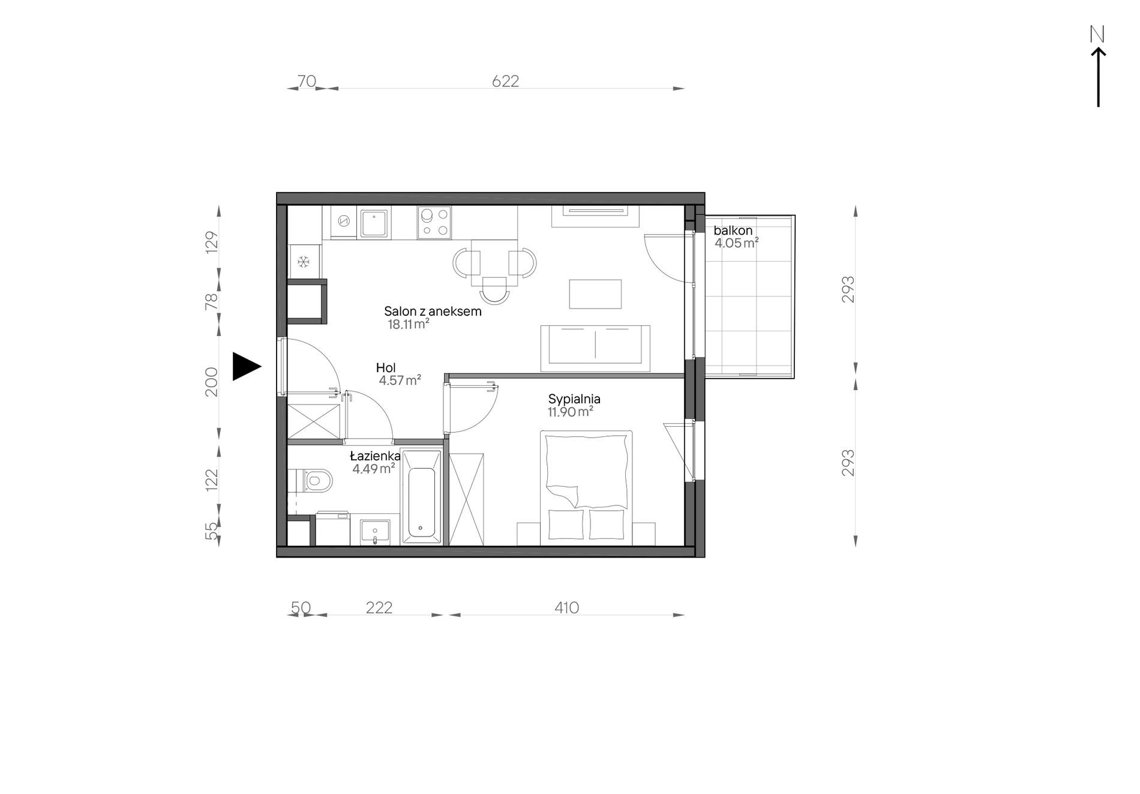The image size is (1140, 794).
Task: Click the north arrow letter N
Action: (1097, 35)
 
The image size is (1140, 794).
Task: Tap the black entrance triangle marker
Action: (247, 366)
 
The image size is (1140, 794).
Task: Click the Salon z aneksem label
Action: (433, 311)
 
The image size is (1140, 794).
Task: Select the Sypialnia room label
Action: (574, 399)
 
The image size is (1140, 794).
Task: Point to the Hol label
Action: (386, 368)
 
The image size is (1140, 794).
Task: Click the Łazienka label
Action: (375, 457)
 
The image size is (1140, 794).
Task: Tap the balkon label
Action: (733, 230)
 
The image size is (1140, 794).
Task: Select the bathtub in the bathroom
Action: (422, 498)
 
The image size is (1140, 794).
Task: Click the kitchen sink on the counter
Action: (375, 223)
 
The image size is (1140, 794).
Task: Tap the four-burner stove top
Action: (434, 223)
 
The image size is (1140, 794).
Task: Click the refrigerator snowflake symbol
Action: (304, 262)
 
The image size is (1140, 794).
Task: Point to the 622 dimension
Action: (505, 80)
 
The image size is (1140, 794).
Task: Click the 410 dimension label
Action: (566, 608)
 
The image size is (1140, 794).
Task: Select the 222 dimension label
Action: (379, 608)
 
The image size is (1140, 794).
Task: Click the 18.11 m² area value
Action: (408, 325)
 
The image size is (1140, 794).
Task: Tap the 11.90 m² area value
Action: (570, 412)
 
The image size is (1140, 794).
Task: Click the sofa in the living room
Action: (595, 349)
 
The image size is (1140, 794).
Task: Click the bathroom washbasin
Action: (375, 532)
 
